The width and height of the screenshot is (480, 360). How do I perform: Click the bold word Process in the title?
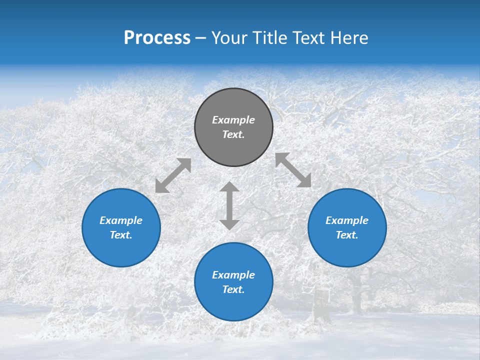[157, 38]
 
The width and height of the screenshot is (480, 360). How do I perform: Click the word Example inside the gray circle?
[233, 120]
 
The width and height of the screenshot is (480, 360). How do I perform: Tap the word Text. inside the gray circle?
[233, 134]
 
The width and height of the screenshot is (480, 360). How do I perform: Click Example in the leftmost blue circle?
[121, 220]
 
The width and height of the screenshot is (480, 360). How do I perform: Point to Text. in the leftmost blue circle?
[121, 235]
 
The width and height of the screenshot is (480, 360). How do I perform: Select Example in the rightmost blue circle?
[347, 220]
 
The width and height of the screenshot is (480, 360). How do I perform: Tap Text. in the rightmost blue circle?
[347, 235]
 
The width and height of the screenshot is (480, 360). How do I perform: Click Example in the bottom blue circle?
[233, 275]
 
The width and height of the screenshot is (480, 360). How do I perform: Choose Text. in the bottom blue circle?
[233, 289]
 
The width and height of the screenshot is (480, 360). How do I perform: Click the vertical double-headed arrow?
[229, 205]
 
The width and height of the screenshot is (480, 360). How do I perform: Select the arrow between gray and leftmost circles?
[173, 175]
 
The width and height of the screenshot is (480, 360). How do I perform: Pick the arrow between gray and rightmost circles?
[293, 170]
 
